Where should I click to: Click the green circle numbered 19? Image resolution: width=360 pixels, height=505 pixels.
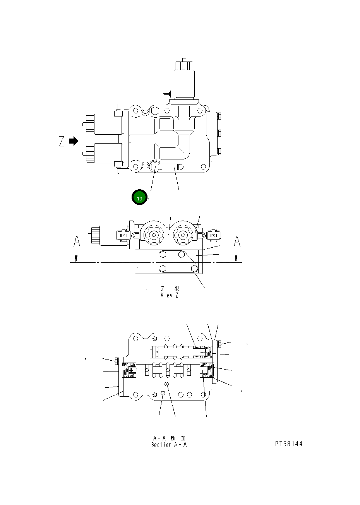[140, 198]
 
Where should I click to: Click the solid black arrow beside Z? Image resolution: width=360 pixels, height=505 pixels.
[74, 141]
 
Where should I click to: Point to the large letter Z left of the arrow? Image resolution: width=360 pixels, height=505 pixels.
[62, 142]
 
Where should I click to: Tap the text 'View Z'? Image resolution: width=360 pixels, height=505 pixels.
[170, 295]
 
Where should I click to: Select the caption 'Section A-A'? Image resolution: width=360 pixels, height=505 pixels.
[169, 445]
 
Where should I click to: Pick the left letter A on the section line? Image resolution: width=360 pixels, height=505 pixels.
[77, 242]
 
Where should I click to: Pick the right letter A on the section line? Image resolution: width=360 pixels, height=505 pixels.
[237, 241]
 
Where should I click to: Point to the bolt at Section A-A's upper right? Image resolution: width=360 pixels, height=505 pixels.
[219, 344]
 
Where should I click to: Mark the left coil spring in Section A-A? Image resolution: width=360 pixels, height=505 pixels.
[129, 372]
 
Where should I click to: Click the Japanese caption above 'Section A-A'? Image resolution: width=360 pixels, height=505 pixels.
[169, 438]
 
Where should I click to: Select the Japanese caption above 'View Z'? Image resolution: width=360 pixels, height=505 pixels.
[170, 289]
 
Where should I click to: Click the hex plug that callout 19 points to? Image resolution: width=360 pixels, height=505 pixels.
[155, 167]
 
